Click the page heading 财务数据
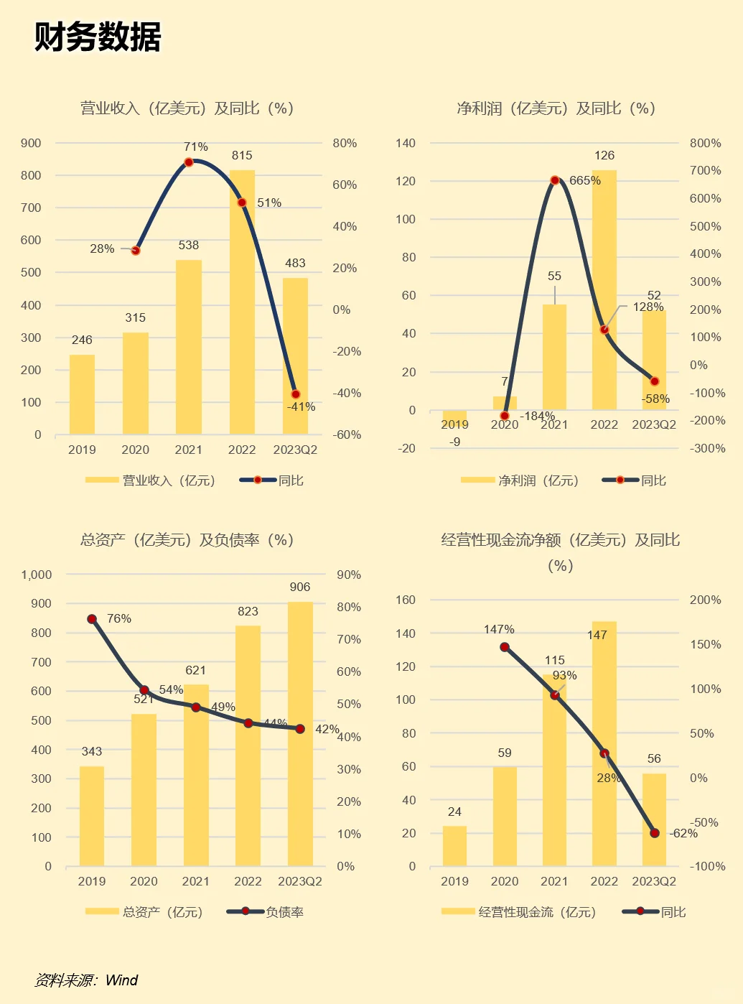pos(98,37)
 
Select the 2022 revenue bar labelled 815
pos(242,302)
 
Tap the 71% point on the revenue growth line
pos(189,162)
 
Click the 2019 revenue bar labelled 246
pos(82,394)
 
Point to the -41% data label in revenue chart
pos(302,406)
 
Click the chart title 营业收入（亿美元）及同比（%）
pos(187,108)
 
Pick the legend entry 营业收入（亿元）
pos(151,480)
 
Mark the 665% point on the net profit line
pos(555,180)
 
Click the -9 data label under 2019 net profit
pos(454,442)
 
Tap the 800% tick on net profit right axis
pos(705,143)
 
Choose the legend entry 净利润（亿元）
pos(520,480)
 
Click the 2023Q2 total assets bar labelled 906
pos(300,733)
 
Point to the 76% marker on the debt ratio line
pos(92,619)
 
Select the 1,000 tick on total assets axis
pos(37,575)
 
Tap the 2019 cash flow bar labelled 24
pos(454,846)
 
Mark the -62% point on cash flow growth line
pos(654,833)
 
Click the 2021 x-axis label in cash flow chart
pos(554,881)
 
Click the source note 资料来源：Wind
pos(86,980)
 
